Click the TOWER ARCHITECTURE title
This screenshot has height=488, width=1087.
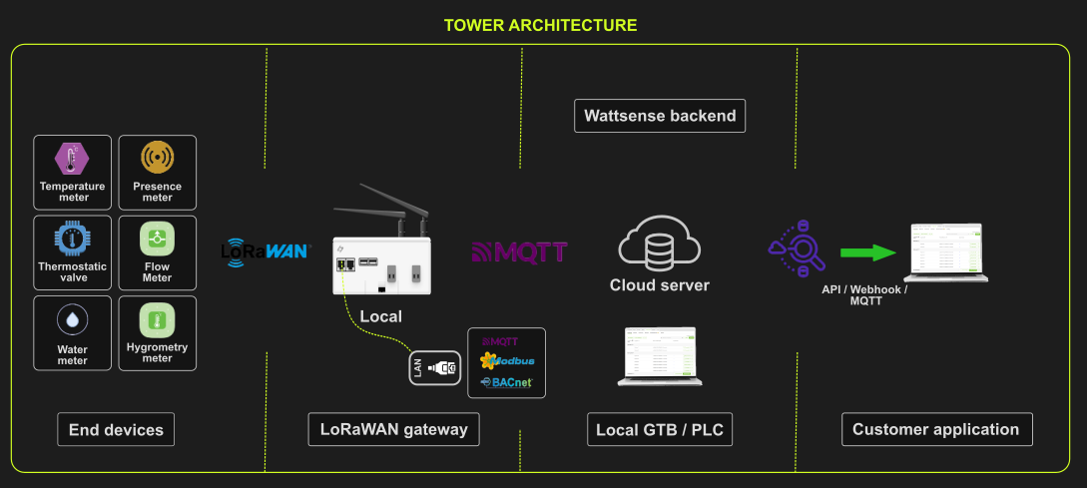[540, 25]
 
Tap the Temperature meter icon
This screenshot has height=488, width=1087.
[72, 158]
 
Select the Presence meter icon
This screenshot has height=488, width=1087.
[157, 158]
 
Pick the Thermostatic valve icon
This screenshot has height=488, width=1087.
[72, 238]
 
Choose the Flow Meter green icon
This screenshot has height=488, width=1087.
[157, 239]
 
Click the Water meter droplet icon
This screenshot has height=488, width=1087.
[72, 319]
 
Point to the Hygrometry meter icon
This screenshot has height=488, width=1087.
[157, 320]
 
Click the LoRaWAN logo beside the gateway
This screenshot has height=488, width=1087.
[266, 250]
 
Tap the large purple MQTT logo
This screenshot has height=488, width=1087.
[519, 251]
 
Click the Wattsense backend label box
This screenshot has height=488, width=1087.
[660, 116]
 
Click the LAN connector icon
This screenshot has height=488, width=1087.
[434, 367]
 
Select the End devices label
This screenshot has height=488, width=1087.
[116, 430]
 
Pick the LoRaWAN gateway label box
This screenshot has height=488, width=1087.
[393, 429]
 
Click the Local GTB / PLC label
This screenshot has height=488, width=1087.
[660, 430]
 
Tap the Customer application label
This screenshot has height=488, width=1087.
[935, 429]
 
